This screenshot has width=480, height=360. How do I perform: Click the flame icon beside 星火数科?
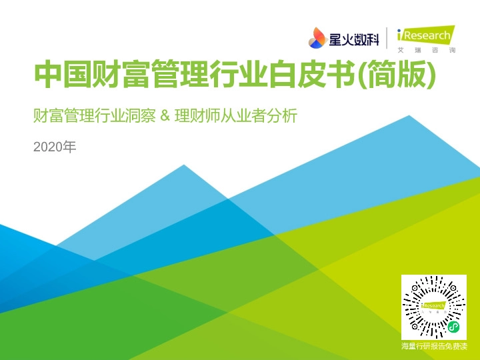pos(317,38)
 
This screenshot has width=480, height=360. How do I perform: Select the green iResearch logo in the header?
pos(425,34)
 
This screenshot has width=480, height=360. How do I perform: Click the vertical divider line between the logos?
pos(386,38)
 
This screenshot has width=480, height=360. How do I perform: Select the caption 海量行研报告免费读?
pos(434,347)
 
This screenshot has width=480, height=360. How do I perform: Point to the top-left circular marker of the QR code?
pos(415,288)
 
